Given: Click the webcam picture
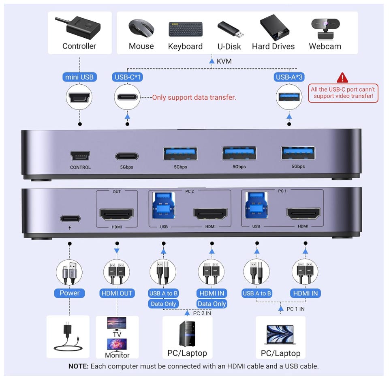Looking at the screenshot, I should pyautogui.click(x=325, y=28).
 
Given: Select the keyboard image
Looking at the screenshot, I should pyautogui.click(x=185, y=29).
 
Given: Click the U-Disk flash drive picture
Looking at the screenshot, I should pyautogui.click(x=230, y=29).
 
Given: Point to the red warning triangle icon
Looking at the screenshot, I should pyautogui.click(x=342, y=77).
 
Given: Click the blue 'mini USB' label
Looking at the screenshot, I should pyautogui.click(x=79, y=77).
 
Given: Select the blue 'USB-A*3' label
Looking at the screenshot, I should pyautogui.click(x=289, y=77).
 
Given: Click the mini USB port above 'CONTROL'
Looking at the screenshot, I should pyautogui.click(x=80, y=156).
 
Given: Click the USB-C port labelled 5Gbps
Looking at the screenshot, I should pyautogui.click(x=127, y=156).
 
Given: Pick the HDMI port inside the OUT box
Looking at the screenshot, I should pyautogui.click(x=117, y=214).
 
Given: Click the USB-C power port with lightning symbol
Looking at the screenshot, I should pyautogui.click(x=70, y=219).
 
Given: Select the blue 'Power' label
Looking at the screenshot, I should pyautogui.click(x=69, y=293).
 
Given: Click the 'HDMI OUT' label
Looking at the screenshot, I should pyautogui.click(x=117, y=293).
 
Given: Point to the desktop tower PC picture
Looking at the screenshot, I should pyautogui.click(x=187, y=334).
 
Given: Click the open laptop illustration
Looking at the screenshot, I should pyautogui.click(x=280, y=334).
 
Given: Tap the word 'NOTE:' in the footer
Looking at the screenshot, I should pyautogui.click(x=78, y=366).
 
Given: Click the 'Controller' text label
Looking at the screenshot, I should pyautogui.click(x=79, y=46).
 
